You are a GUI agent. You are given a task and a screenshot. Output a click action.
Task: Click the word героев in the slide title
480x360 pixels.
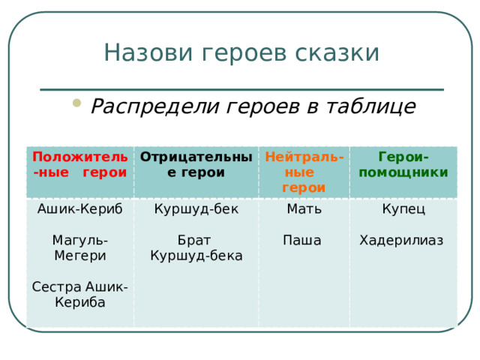tap(238, 54)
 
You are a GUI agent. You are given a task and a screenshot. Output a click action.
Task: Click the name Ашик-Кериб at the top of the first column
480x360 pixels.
tap(79, 209)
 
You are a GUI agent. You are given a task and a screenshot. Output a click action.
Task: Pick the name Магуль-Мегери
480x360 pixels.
tap(79, 247)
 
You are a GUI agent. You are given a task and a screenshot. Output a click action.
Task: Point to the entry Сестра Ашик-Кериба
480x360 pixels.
tap(79, 295)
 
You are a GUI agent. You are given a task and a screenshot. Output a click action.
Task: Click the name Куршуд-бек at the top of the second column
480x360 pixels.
tap(195, 209)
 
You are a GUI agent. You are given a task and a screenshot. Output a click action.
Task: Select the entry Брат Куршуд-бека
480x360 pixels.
tap(195, 248)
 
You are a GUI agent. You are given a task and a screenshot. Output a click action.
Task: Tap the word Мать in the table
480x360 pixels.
tap(304, 209)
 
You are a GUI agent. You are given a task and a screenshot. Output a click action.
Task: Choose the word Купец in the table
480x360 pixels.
tap(403, 209)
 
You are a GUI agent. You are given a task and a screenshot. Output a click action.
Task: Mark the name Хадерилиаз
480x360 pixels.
tap(401, 241)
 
